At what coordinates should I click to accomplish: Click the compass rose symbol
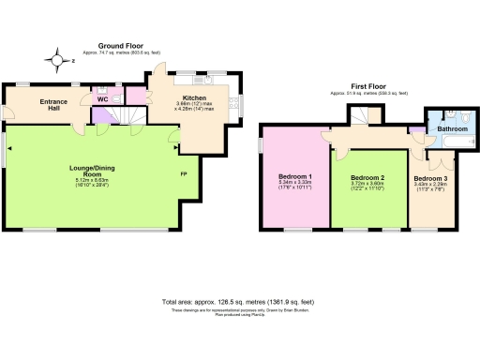pos(59,61)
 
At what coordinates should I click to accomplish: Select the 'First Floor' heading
pos(358,84)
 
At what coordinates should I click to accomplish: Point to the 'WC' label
pos(101,97)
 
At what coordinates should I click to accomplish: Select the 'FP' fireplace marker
pos(183,173)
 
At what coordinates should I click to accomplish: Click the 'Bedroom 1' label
pos(295,176)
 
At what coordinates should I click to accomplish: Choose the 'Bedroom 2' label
pos(368,177)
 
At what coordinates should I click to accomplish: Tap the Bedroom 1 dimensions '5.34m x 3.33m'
pos(295,185)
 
